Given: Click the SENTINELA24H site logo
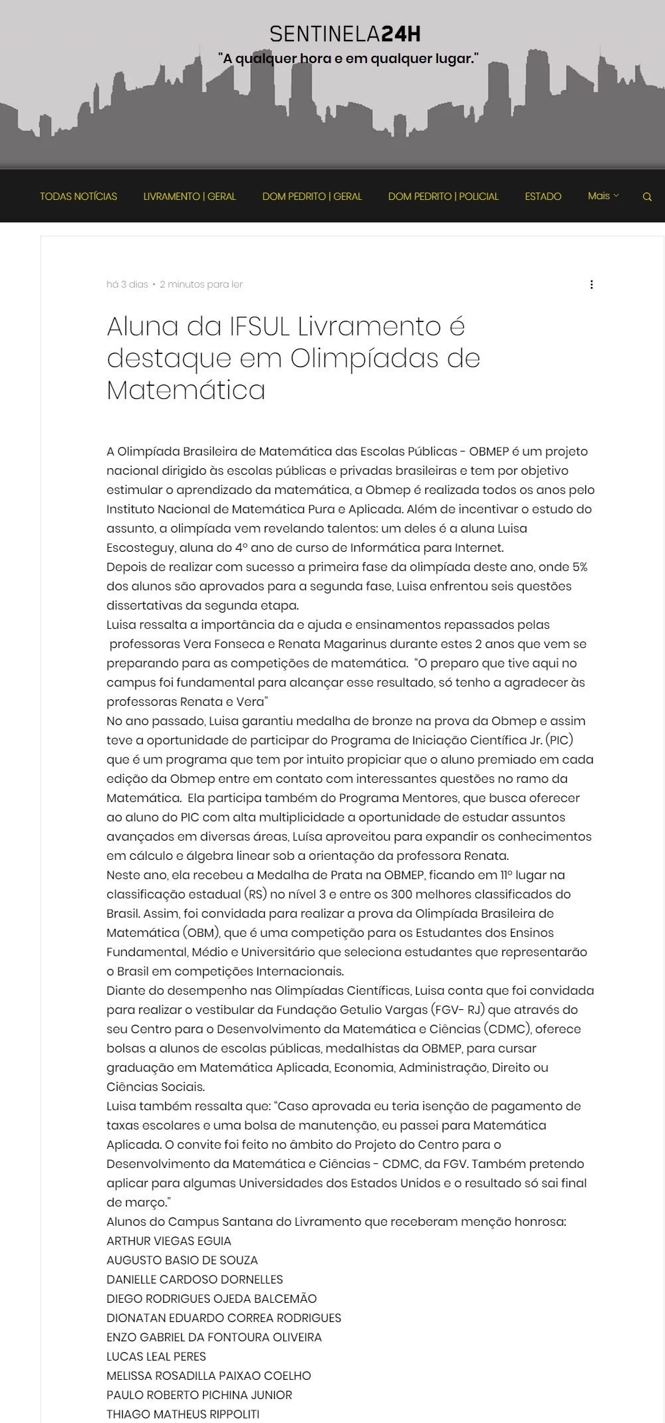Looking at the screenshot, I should click(x=344, y=34).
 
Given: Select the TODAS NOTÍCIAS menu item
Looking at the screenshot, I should click(x=78, y=197).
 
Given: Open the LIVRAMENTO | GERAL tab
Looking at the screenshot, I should click(x=190, y=197).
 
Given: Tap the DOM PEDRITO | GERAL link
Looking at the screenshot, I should click(x=312, y=197).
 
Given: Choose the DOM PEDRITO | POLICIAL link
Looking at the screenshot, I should click(x=443, y=197).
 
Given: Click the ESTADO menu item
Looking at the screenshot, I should click(x=543, y=197).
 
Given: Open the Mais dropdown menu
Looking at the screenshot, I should click(x=603, y=196).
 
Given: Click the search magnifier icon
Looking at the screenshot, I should click(x=647, y=197).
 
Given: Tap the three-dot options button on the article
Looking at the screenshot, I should click(x=591, y=284).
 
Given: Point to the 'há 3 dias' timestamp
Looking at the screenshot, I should click(x=127, y=284).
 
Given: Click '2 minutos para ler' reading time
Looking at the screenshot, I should click(x=201, y=284).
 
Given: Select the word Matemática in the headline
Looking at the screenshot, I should click(x=186, y=390).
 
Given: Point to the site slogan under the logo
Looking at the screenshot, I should click(x=348, y=58).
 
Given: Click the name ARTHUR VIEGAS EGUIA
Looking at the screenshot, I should click(x=169, y=1241).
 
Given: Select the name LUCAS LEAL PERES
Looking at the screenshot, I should click(x=156, y=1357).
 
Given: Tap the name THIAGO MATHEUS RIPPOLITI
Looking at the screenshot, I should click(x=183, y=1414).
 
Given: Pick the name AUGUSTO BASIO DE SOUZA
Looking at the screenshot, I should click(x=182, y=1260).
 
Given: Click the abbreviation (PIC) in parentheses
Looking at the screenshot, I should click(x=559, y=740).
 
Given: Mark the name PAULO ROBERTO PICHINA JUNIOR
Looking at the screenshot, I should click(x=199, y=1395).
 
